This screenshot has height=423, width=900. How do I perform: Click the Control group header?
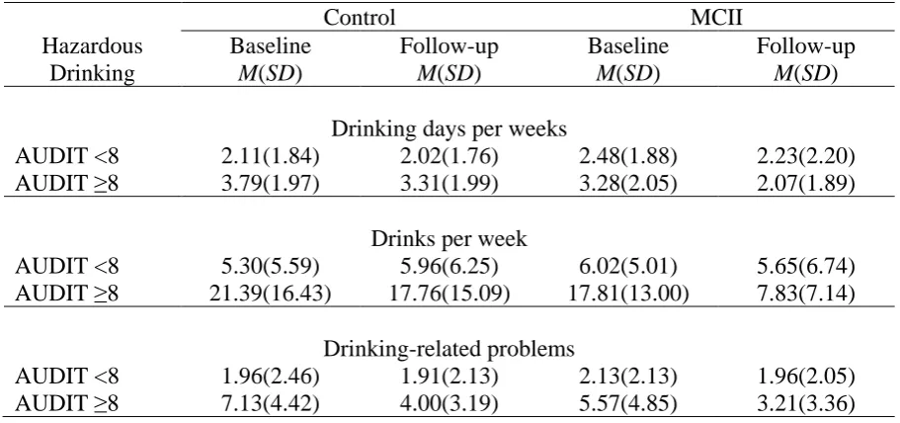(360, 17)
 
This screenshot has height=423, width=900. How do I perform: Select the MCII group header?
(716, 17)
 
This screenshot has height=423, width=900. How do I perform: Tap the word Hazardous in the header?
(93, 46)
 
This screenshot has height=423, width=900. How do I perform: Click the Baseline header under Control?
(271, 46)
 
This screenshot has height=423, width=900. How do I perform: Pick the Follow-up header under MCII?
(805, 47)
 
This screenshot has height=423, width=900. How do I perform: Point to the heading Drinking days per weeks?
(450, 129)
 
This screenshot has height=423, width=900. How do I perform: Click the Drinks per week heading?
(450, 238)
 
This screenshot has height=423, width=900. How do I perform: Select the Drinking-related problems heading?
(450, 349)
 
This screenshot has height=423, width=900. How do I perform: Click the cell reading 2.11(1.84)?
(271, 157)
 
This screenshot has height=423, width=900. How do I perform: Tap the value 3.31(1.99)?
(450, 184)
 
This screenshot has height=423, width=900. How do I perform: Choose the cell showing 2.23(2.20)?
(805, 157)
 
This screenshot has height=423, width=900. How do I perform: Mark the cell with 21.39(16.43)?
(271, 294)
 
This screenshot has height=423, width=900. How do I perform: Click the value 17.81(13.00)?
(628, 294)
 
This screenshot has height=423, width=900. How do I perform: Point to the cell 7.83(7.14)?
(805, 294)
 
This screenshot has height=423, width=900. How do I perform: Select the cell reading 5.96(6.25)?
(450, 266)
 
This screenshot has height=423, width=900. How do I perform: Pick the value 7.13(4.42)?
(271, 404)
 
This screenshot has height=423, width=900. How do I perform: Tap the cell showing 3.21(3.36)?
(805, 404)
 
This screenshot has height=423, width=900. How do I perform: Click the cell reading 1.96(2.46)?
(271, 377)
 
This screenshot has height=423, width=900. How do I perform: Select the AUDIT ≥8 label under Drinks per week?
(67, 294)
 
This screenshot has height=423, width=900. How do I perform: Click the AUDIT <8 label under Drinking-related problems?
(67, 377)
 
